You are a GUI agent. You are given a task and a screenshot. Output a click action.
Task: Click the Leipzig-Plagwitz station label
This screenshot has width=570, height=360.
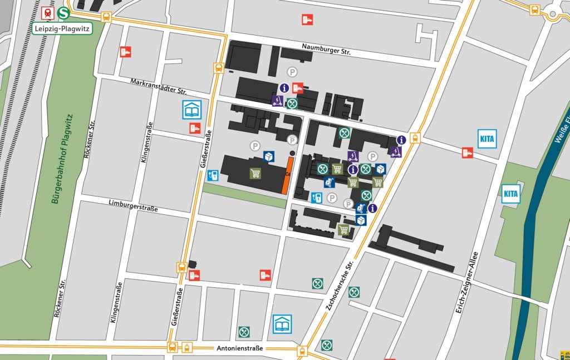pyautogui.click(x=61, y=28)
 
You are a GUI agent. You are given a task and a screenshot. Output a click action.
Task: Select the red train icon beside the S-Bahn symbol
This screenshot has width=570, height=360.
pyautogui.click(x=48, y=13)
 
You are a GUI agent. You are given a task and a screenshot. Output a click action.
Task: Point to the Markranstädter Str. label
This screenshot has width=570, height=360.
pyautogui.click(x=158, y=86)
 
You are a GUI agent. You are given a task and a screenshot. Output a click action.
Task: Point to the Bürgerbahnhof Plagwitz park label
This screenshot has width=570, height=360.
pyautogui.click(x=62, y=159)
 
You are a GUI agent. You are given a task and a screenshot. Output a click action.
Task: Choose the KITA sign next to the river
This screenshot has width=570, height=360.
pyautogui.click(x=510, y=194)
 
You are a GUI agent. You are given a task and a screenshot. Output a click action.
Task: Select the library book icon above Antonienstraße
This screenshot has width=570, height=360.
pyautogui.click(x=282, y=324)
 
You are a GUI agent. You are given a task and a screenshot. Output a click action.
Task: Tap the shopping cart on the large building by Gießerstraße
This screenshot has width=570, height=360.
pyautogui.click(x=255, y=174)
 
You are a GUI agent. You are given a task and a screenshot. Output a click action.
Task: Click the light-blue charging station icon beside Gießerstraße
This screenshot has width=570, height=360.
pyautogui.click(x=212, y=176)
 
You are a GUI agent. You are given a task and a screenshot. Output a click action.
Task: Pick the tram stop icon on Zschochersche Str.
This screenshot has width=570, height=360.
pyautogui.click(x=414, y=138)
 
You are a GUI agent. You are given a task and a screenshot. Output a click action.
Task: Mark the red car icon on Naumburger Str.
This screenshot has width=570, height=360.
pyautogui.click(x=307, y=19)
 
